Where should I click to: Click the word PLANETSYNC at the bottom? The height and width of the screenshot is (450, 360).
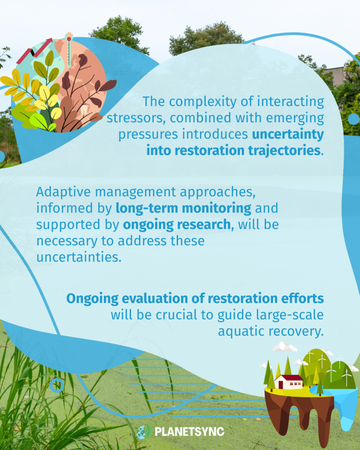click(189, 432)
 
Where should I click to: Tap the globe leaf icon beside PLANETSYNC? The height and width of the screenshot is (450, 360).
click(145, 432)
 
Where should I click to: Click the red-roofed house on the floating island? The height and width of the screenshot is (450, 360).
click(289, 382)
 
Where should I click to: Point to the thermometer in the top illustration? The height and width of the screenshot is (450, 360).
click(69, 49)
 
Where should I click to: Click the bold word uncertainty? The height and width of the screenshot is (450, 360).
click(288, 134)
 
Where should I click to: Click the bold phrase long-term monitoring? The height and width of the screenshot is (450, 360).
click(184, 208)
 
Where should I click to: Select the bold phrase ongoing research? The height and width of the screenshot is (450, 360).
click(177, 225)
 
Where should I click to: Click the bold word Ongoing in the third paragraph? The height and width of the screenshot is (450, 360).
click(92, 299)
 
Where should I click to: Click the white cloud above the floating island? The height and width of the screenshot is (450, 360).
click(284, 347)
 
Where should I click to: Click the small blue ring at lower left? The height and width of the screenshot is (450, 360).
click(57, 385)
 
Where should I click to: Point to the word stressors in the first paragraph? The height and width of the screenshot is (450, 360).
click(136, 118)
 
